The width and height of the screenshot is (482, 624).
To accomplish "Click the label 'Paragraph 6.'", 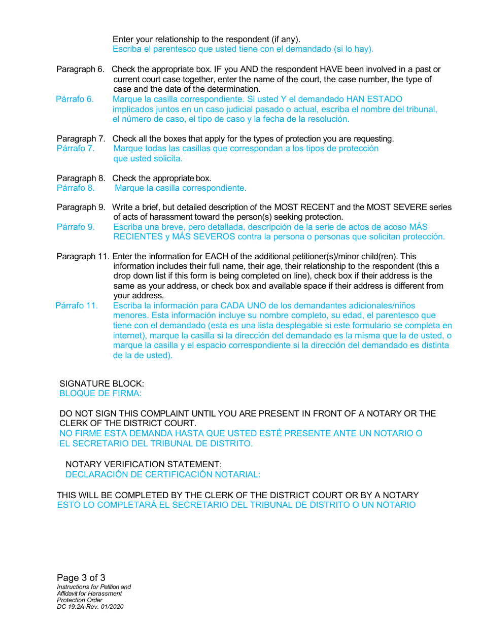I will (x=80, y=70).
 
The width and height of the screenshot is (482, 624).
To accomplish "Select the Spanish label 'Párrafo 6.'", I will (x=75, y=99).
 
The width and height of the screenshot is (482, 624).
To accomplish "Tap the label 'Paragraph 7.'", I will (x=81, y=139).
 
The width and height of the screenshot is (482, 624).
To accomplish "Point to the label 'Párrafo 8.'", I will (x=76, y=188).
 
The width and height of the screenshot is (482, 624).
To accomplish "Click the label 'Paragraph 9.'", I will (x=81, y=207).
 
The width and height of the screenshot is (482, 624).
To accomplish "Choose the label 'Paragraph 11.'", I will (x=83, y=257).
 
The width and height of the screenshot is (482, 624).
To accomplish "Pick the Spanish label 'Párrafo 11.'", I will (x=76, y=306).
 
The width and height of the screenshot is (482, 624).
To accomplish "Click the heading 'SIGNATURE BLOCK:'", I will (x=101, y=384).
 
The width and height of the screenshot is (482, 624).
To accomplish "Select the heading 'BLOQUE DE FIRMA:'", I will (x=100, y=394).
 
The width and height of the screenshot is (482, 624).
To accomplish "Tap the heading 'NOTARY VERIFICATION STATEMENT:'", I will (x=144, y=465).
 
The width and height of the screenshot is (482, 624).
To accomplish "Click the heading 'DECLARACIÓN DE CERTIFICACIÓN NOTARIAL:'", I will (x=163, y=475).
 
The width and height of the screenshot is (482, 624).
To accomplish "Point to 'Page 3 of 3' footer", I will (x=81, y=578).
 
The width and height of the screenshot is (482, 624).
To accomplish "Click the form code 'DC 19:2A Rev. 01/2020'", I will (x=90, y=607).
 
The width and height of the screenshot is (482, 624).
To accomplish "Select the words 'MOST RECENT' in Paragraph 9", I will (x=304, y=207).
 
